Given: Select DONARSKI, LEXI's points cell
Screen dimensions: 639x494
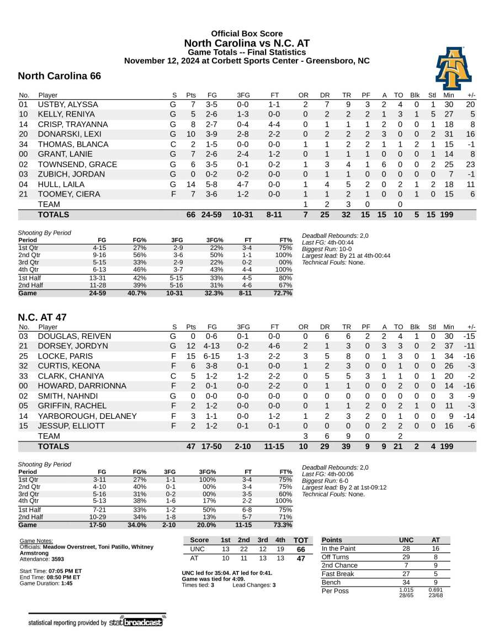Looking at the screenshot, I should (191, 134).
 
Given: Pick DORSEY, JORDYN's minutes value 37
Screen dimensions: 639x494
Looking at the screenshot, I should (448, 347).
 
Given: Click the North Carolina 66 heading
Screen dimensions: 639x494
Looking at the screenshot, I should (59, 76).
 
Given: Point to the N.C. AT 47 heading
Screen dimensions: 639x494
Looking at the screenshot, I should (42, 317).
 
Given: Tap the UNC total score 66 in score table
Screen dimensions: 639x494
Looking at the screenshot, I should (301, 550).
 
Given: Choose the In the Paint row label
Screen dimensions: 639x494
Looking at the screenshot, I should (339, 549).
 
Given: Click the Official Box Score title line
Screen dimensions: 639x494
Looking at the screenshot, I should (247, 34).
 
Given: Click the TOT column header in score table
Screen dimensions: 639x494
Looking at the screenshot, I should (301, 540).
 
